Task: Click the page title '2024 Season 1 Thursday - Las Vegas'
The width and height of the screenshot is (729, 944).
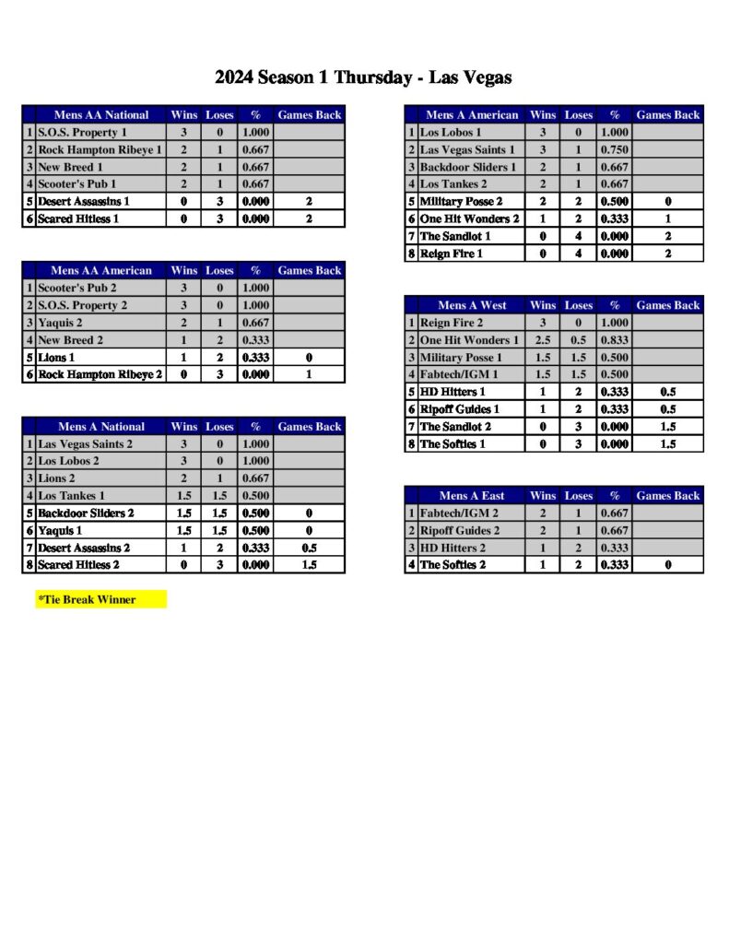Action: pyautogui.click(x=363, y=77)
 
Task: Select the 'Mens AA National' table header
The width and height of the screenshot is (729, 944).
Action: pyautogui.click(x=101, y=115)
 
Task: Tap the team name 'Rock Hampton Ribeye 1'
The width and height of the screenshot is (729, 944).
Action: pyautogui.click(x=100, y=150)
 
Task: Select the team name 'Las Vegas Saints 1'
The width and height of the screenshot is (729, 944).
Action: pyautogui.click(x=466, y=150)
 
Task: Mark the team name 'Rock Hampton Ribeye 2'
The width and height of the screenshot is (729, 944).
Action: pyautogui.click(x=100, y=375)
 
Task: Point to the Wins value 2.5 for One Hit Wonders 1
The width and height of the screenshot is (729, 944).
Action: pyautogui.click(x=543, y=340)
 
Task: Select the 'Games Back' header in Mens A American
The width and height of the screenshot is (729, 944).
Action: pyautogui.click(x=668, y=115)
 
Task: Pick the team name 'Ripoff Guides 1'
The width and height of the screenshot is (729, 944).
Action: pyautogui.click(x=460, y=409)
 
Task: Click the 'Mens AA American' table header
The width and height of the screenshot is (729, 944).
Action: pyautogui.click(x=101, y=271)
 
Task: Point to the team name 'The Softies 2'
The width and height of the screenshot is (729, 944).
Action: pyautogui.click(x=453, y=565)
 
